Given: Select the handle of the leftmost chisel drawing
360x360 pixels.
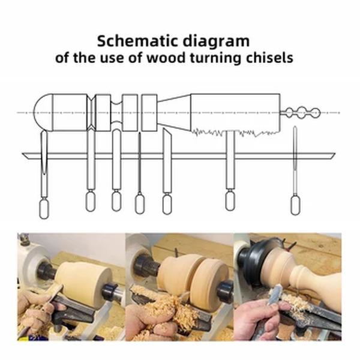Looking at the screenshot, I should click(44, 208).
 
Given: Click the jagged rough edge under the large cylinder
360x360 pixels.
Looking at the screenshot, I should click(234, 131).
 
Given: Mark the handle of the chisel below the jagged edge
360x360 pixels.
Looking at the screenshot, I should click(229, 200).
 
